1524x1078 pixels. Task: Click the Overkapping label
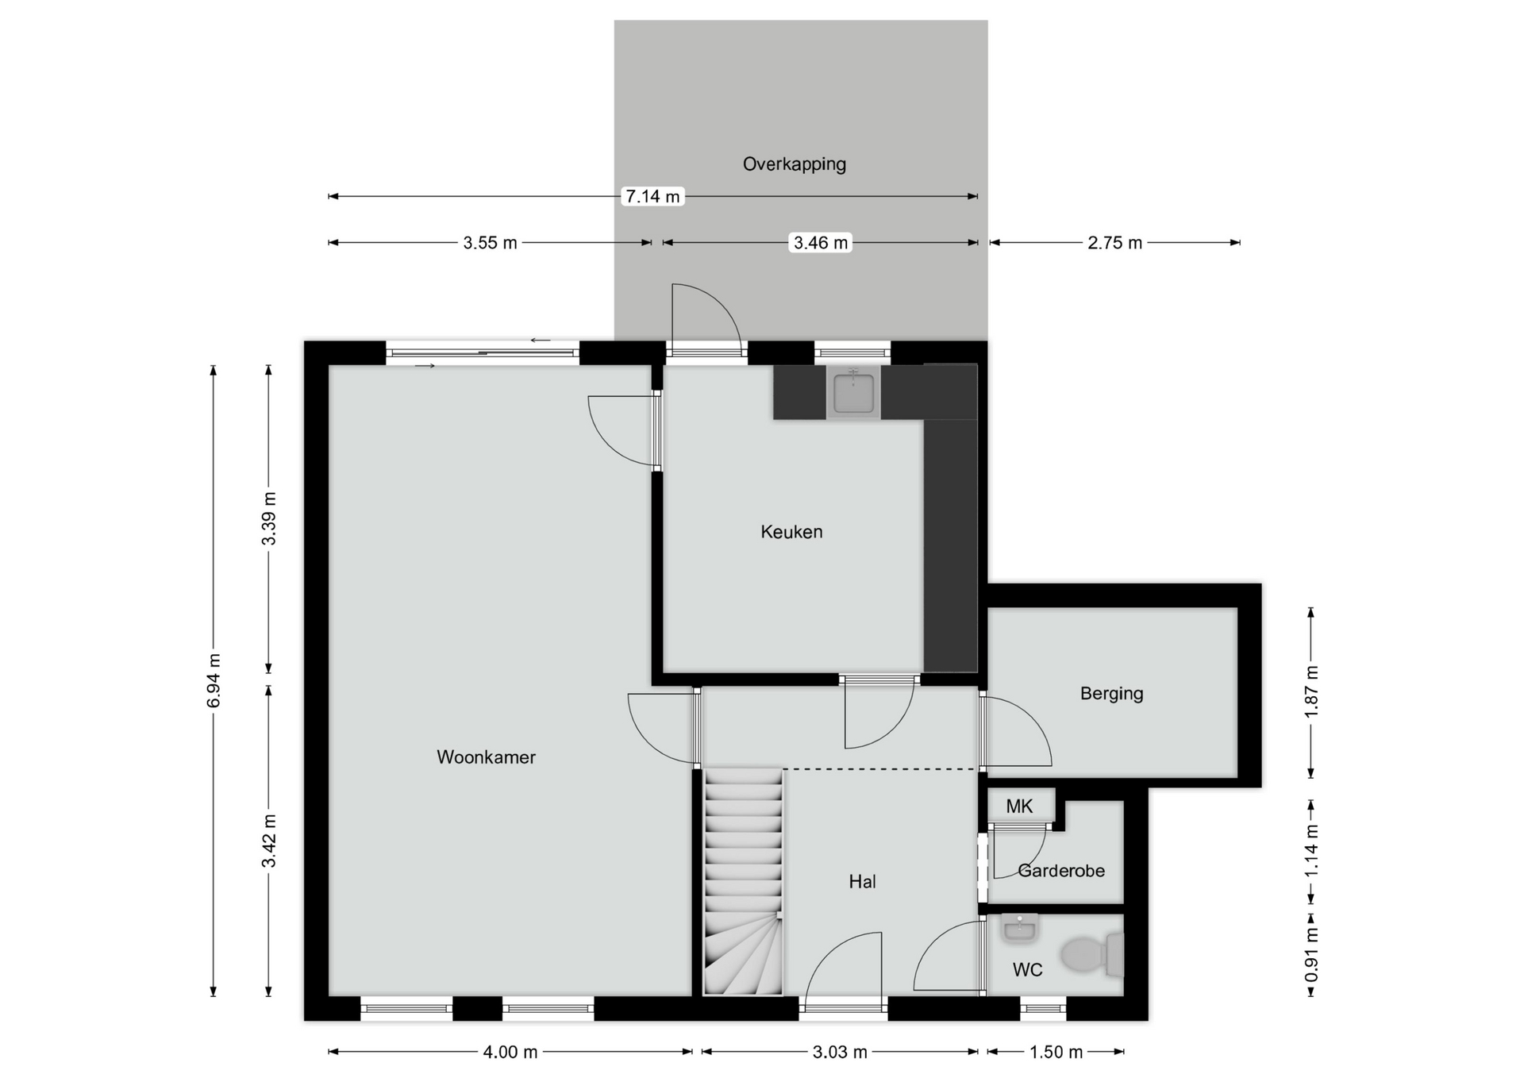tap(794, 164)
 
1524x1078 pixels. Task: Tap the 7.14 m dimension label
tap(652, 196)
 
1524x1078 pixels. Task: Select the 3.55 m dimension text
tap(490, 243)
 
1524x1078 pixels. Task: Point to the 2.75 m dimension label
tap(1114, 243)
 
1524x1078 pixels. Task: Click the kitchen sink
tap(853, 393)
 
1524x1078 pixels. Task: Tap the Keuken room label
tap(791, 532)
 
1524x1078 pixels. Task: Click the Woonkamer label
tap(486, 757)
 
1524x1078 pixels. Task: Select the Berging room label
tap(1111, 694)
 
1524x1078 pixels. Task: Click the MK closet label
tap(1019, 807)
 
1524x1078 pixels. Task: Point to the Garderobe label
tap(1061, 871)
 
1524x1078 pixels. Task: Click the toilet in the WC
tap(1091, 955)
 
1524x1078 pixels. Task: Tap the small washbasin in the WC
tap(1018, 928)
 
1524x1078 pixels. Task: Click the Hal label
tap(862, 882)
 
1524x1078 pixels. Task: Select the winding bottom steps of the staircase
tap(744, 957)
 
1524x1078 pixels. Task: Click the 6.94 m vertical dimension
tap(214, 681)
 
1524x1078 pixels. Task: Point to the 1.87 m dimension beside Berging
tap(1311, 692)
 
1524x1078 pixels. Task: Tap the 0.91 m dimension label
tap(1311, 955)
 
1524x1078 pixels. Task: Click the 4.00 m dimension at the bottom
tap(510, 1053)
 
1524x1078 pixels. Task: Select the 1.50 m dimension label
tap(1056, 1053)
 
